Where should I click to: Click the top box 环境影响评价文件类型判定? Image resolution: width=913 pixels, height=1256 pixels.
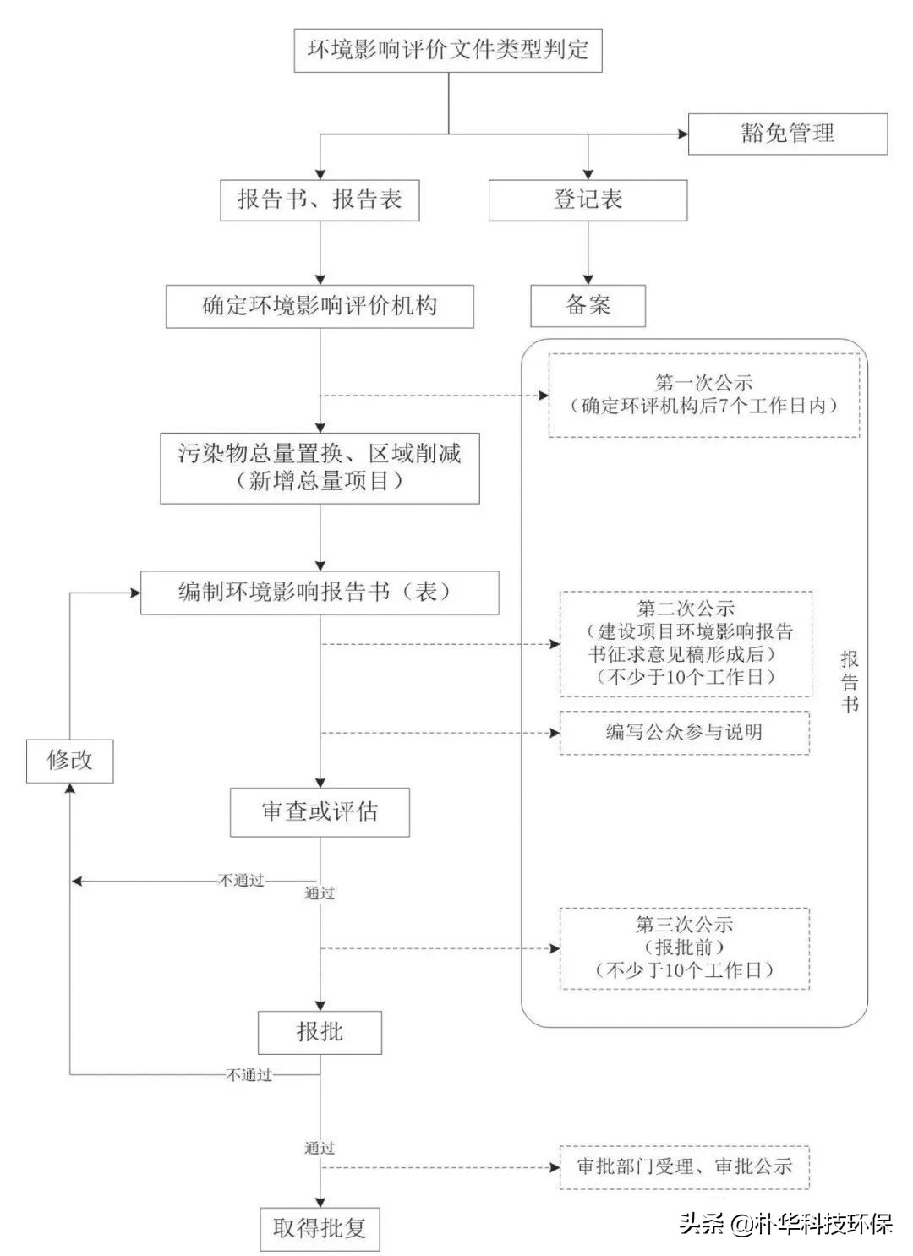click(x=447, y=50)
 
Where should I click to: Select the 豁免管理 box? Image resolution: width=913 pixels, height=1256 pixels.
click(x=787, y=134)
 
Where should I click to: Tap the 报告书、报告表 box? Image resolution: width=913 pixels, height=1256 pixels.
click(x=320, y=200)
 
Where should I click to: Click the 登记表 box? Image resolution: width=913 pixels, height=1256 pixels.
click(x=588, y=200)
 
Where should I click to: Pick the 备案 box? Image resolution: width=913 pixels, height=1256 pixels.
click(x=588, y=305)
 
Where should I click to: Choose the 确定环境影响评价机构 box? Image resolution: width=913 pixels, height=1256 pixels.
click(x=320, y=305)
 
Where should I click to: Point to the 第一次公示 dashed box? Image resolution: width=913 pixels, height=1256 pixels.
click(x=703, y=395)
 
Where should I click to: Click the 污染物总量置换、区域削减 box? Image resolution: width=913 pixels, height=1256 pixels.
click(x=320, y=467)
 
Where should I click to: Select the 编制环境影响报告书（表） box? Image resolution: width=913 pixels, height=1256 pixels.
click(x=320, y=592)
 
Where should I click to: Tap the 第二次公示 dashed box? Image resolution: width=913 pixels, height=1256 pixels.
click(x=685, y=643)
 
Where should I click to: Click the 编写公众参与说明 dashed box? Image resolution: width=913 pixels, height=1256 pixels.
click(x=685, y=732)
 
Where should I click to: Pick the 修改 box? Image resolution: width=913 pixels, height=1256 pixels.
click(x=69, y=760)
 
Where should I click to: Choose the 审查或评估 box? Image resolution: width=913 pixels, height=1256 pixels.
click(x=320, y=812)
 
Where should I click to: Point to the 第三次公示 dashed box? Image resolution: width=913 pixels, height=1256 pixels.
click(x=685, y=947)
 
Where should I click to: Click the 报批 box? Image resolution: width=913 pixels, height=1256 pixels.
click(x=320, y=1031)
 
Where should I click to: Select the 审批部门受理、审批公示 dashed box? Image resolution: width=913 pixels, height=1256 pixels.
click(x=685, y=1167)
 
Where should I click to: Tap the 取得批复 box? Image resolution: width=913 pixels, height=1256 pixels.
click(x=320, y=1228)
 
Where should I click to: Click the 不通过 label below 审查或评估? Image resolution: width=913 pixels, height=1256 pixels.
click(x=242, y=881)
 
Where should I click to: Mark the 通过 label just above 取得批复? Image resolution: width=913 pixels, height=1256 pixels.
click(x=320, y=1148)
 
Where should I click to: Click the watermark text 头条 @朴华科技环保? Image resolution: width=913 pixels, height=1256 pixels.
click(x=786, y=1225)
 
